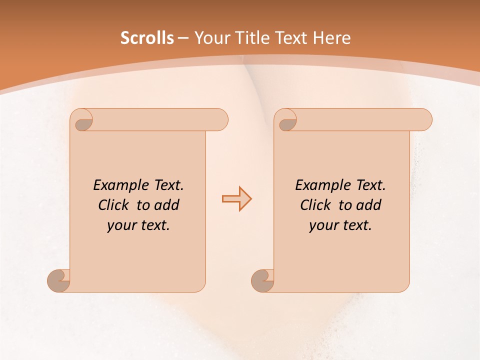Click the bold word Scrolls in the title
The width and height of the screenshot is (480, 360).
click(147, 38)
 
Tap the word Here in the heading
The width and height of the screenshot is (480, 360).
click(331, 38)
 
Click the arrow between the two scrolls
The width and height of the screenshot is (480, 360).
click(236, 199)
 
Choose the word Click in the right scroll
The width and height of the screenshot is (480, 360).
click(316, 205)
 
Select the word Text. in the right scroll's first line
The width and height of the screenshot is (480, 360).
click(370, 185)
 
